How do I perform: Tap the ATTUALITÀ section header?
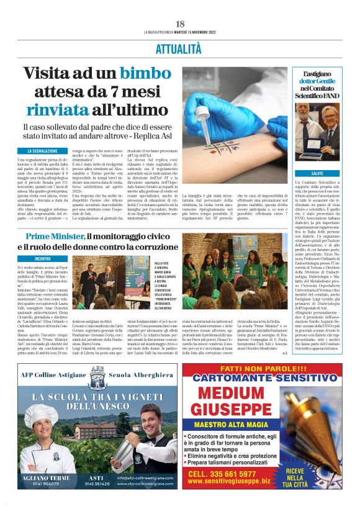pos(179,47)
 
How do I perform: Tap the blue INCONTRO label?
pos(43,258)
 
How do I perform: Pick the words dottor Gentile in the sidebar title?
pos(317,81)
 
